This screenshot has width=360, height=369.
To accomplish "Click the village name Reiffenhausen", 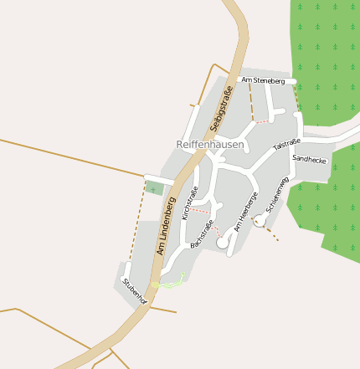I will coord(210,144).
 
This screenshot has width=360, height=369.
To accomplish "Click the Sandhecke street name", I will coord(309,158).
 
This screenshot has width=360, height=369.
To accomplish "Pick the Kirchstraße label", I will coord(190,202).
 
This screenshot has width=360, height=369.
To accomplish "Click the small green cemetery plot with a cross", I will coord(153,188).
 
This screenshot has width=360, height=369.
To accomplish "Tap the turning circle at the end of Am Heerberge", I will coord(223,242).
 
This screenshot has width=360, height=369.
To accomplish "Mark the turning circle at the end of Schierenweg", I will coord(260,220).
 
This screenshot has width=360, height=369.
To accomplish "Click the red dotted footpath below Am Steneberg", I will coord(262,121).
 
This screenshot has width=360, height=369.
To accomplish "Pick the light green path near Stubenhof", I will coord(171,283).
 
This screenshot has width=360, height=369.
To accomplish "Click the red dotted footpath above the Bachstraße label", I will coord(214,228).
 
